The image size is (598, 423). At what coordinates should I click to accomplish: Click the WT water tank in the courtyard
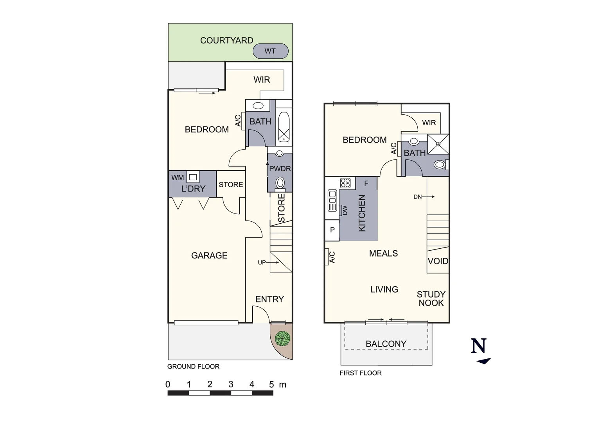270,51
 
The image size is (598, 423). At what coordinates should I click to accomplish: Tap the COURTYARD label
226,40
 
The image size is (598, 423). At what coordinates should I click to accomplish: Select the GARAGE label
209,255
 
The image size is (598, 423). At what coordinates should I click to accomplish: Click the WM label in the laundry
177,177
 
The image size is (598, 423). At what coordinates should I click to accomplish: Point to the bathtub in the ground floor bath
284,127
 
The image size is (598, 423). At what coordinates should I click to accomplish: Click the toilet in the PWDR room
280,183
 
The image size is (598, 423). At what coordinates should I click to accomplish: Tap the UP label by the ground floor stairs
262,262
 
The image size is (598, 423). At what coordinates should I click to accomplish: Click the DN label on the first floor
417,197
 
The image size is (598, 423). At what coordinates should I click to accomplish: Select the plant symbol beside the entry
282,338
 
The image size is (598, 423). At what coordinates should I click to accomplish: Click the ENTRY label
269,299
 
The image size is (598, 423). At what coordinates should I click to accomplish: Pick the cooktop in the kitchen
345,183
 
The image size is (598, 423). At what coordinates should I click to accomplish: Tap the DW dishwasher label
345,210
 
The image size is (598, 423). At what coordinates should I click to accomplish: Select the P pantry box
332,230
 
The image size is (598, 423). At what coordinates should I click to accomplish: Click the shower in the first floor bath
438,144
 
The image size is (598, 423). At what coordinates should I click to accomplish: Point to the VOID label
438,261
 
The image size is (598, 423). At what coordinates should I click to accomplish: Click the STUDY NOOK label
431,298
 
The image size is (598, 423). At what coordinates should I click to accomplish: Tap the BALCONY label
386,344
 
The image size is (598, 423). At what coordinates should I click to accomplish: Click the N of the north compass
479,346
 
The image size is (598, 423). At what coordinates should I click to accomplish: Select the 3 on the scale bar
231,385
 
